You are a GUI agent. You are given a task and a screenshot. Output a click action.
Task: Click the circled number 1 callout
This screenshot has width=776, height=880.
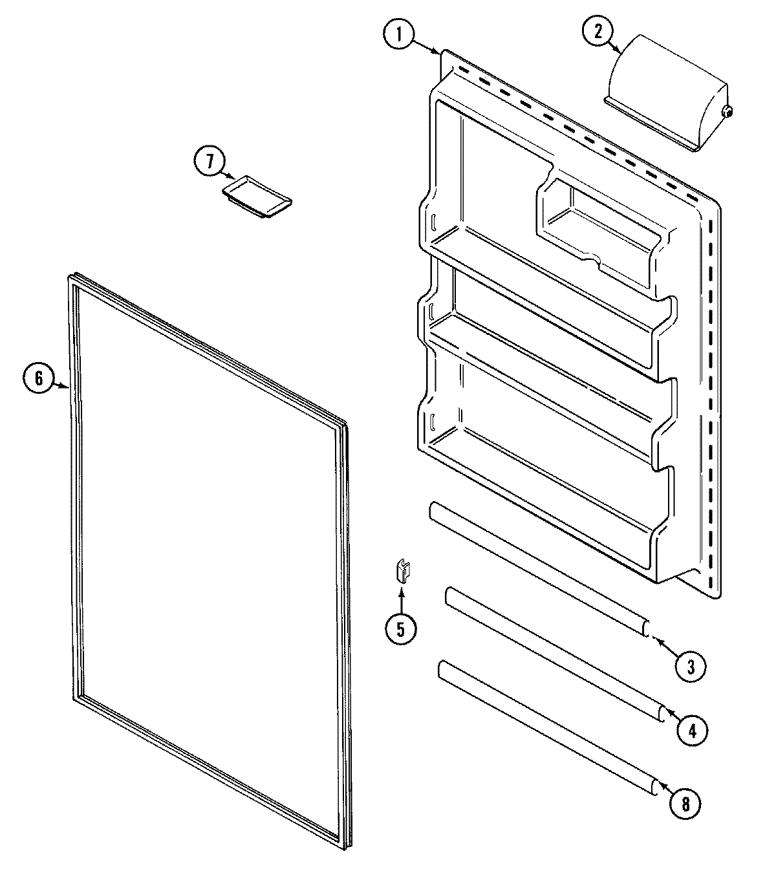(398, 35)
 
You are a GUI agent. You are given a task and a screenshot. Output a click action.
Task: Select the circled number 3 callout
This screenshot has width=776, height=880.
(690, 665)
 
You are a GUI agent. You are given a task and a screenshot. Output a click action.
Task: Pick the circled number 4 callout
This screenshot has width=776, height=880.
(692, 731)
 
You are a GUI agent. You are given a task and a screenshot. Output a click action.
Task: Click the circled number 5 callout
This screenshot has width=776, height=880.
(400, 628)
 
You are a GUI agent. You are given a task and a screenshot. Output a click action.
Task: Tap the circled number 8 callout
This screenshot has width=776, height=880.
(685, 804)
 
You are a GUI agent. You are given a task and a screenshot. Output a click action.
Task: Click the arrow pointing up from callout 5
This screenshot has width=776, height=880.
(401, 598)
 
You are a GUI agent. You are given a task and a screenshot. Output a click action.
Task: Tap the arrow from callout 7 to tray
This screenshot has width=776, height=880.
(230, 175)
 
